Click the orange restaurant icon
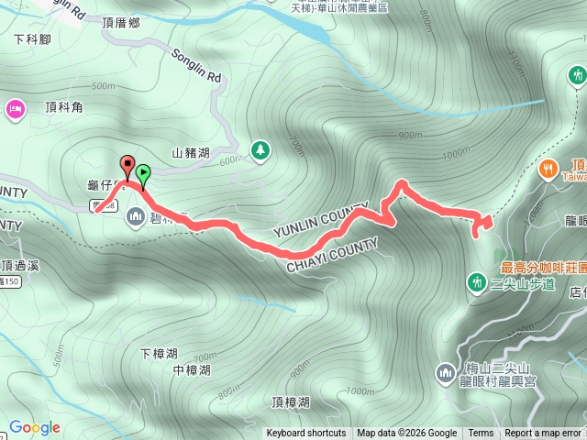pos(548,168)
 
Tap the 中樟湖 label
pos(191,370)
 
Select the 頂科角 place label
pos(62,108)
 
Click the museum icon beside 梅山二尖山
pos(445,372)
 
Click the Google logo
pos(34,427)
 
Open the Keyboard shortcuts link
pos(306,434)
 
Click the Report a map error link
pos(542,434)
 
